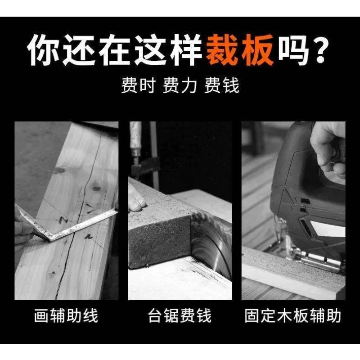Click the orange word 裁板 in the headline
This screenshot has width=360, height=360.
click(x=240, y=50)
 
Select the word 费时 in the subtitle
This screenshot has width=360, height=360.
click(x=139, y=85)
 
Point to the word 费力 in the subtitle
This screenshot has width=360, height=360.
click(x=180, y=85)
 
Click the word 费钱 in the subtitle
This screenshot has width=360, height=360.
click(x=221, y=85)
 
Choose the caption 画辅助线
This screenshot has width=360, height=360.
click(x=66, y=316)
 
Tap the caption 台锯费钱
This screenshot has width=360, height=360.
click(x=180, y=316)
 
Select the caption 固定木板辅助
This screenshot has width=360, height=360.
click(x=293, y=316)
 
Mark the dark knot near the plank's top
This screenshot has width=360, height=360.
click(x=59, y=170)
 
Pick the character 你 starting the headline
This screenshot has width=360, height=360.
click(x=44, y=50)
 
